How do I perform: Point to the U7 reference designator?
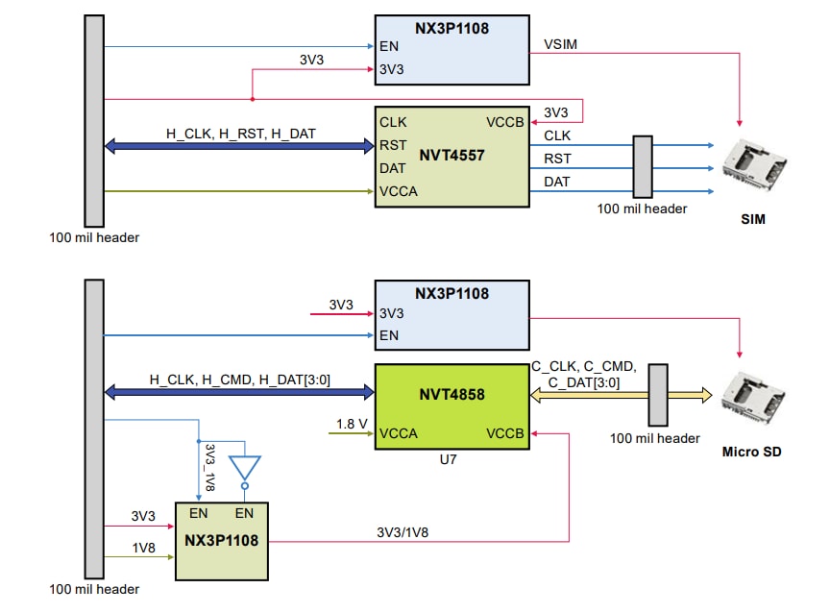point(448,460)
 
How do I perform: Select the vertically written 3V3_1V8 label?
point(210,468)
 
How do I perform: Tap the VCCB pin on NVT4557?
point(504,123)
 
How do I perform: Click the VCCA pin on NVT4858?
point(400,433)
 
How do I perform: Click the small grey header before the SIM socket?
point(642,165)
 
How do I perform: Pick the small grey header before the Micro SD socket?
point(657,394)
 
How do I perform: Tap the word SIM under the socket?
point(753,219)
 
